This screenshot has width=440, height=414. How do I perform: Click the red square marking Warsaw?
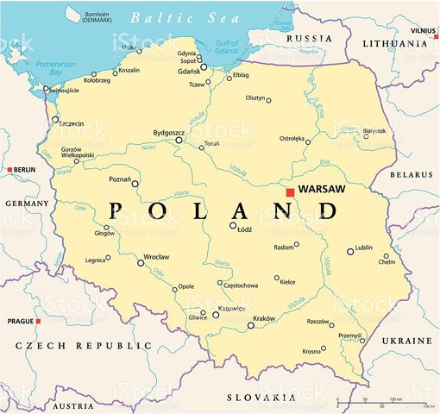[x=291, y=192]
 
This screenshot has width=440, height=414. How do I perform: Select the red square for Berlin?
[x=9, y=170]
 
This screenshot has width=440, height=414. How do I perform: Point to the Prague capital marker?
[x=38, y=322]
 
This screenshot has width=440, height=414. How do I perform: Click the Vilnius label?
[x=423, y=29]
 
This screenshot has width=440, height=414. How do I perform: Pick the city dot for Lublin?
[x=350, y=252]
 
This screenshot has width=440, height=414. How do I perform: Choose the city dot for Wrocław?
[x=141, y=263]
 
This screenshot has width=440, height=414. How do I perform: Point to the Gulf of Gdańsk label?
[x=225, y=47]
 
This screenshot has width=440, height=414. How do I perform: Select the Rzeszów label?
[x=317, y=322]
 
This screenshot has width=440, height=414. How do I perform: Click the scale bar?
[x=384, y=403]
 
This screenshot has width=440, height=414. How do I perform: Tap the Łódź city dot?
[x=233, y=226]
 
